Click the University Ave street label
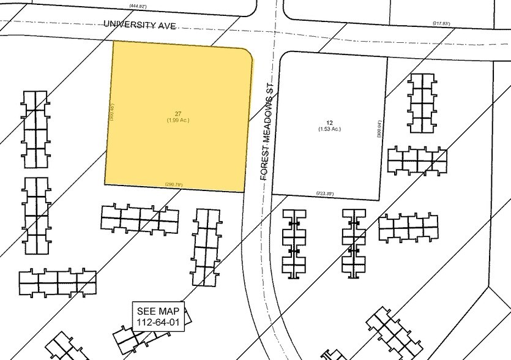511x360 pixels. coord(140,25)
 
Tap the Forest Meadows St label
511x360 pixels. coord(265,131)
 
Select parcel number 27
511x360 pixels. coord(178,114)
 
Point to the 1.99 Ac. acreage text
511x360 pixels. coord(178,120)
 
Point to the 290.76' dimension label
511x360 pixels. coord(174,184)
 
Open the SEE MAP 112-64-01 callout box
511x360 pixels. coord(159,317)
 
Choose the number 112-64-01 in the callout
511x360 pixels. coord(159,323)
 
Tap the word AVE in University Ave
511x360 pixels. coord(167,25)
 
